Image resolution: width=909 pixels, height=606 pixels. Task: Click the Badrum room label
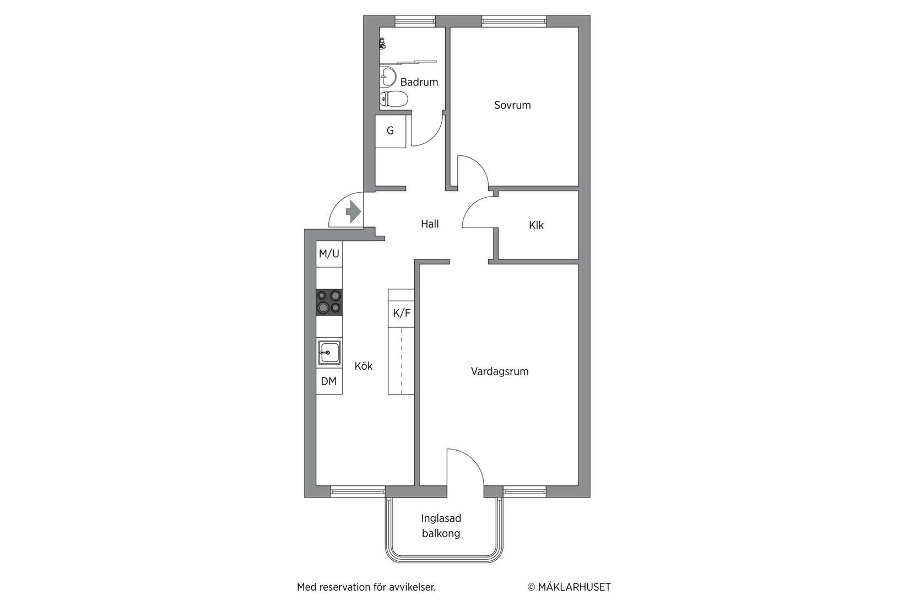tap(419, 82)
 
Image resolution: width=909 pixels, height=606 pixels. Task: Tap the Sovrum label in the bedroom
tap(512, 105)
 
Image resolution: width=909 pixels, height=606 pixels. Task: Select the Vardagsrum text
tap(500, 371)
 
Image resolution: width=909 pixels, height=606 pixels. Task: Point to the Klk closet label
tap(536, 225)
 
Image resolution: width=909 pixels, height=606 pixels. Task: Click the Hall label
tap(430, 224)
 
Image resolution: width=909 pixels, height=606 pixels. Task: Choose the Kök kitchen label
tap(364, 366)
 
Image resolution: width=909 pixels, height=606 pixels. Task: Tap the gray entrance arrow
tap(353, 212)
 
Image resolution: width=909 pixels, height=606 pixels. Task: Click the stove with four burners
tap(329, 302)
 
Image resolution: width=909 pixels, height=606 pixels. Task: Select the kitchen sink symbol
tap(329, 353)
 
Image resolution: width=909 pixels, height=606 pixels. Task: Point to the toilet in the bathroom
tap(393, 99)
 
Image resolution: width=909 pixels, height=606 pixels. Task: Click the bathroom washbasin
tap(388, 77)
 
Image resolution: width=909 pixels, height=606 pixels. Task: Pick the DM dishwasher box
tap(329, 381)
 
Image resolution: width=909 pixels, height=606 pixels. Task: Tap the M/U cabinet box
tap(329, 254)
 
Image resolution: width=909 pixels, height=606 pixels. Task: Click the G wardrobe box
tap(391, 131)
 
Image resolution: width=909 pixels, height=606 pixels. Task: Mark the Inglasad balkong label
tap(441, 526)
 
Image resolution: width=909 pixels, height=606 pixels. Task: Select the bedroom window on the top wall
tap(514, 21)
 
